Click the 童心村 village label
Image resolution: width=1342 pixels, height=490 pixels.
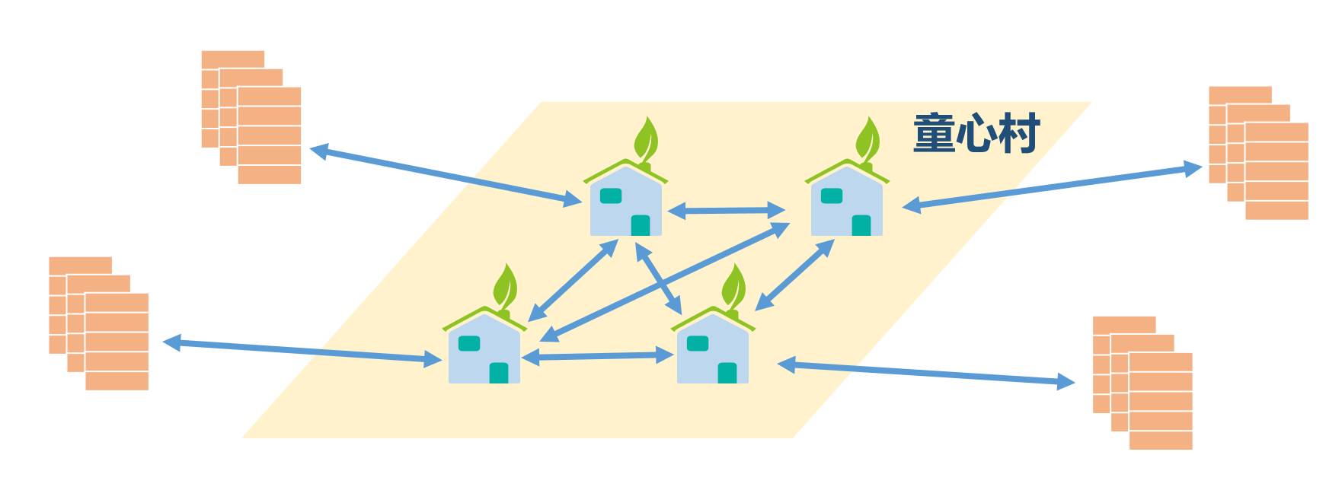pos(976,134)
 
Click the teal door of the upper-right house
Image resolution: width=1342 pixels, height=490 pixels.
pos(861,225)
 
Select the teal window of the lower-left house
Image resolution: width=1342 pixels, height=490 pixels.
pos(469,344)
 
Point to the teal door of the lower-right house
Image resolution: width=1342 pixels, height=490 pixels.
pos(727,373)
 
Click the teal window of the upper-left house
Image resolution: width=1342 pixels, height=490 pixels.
pos(611,196)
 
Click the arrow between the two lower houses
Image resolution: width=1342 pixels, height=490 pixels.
pos(598,356)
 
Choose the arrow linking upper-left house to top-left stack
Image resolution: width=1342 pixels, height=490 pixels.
pos(446,175)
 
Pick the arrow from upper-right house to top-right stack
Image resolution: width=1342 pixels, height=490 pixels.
pos(1051,186)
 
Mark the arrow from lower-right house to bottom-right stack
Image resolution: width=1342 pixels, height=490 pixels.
pos(925,373)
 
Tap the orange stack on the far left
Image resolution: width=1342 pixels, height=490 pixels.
pos(99,323)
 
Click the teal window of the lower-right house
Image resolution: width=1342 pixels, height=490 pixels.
pos(698,343)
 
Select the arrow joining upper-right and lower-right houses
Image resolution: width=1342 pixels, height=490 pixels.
pos(794,275)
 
